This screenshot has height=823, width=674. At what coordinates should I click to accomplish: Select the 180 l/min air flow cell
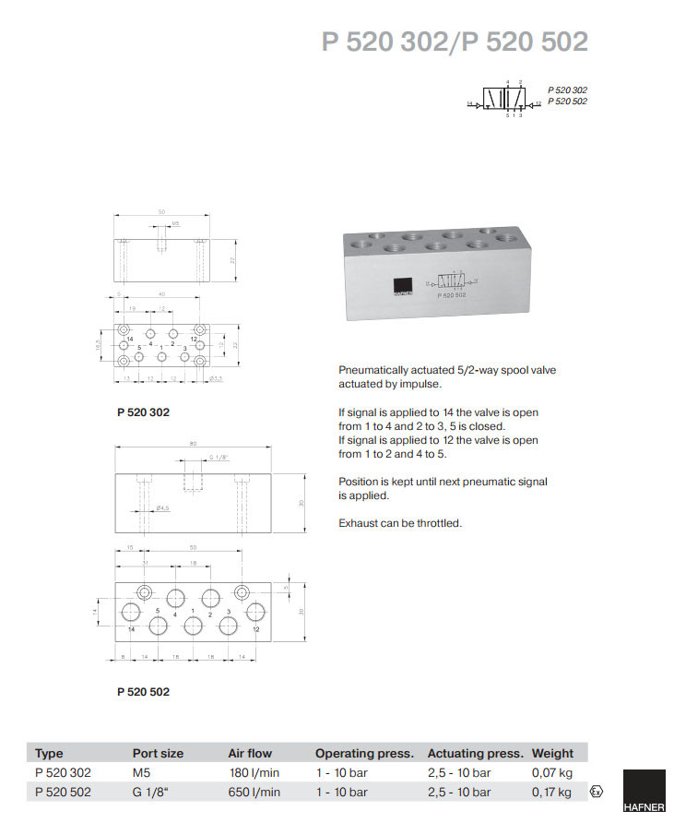pos(254,772)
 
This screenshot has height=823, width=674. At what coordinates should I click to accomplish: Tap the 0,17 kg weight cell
pos(551,792)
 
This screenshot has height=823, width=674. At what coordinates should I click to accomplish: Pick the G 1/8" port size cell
pos(153,792)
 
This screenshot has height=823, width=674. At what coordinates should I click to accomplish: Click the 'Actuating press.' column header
pos(475,753)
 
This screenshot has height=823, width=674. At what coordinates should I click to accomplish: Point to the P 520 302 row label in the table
pos(63,772)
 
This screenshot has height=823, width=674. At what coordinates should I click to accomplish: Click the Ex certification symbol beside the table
pos(597,792)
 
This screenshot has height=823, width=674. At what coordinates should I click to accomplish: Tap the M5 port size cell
pos(142,772)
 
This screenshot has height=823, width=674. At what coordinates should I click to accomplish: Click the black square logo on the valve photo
pos(401,287)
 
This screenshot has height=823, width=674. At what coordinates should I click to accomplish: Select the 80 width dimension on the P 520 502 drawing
pos(193,444)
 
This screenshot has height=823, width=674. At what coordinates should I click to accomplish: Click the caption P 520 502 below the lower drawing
pos(143,691)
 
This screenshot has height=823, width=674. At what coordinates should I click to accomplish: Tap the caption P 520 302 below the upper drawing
pos(143,412)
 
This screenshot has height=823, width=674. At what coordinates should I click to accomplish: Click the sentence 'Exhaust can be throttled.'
pos(399,523)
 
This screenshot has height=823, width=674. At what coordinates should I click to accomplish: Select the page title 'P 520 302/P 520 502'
pos(455,42)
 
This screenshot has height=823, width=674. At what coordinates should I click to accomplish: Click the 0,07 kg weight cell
pos(551,772)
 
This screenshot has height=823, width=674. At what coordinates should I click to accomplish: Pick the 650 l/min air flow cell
pos(254,792)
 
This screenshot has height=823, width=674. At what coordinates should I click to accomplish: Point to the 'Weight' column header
pos(552,753)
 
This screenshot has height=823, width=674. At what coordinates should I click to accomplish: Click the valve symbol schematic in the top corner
pos(503,99)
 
